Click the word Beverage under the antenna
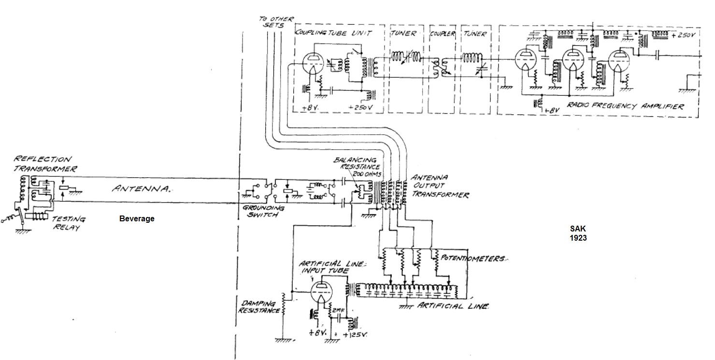[x=137, y=219]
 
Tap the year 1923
[x=577, y=238]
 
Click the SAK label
[x=577, y=229]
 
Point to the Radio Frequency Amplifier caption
[x=625, y=106]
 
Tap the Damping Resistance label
[x=259, y=307]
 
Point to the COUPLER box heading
[x=442, y=34]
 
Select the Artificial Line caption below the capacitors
[x=453, y=306]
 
